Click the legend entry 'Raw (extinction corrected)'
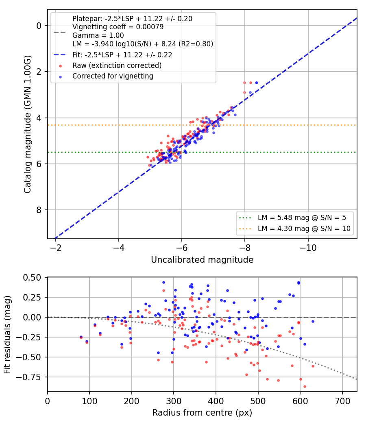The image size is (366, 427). tap(117, 65)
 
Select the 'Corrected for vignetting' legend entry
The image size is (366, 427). tap(113, 76)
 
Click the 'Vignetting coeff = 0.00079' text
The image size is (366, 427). tap(118, 27)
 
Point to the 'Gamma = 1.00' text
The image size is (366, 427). tap(98, 35)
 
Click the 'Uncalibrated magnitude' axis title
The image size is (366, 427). tap(202, 260)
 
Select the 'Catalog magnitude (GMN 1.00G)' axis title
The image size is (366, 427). tap(28, 124)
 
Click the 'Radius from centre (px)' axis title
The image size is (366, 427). tap(202, 413)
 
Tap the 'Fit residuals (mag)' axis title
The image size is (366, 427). tap(7, 335)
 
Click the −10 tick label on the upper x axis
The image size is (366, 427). tap(308, 248)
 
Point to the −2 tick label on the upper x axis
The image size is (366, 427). tap(56, 248)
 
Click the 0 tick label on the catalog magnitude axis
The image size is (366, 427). tap(39, 26)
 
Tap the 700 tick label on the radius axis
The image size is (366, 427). tap(342, 401)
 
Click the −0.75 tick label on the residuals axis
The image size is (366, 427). tap(28, 377)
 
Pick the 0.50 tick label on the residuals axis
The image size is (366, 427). tap(32, 277)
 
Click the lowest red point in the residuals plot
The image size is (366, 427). tap(305, 386)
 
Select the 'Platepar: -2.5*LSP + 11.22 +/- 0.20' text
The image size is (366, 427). tap(132, 19)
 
